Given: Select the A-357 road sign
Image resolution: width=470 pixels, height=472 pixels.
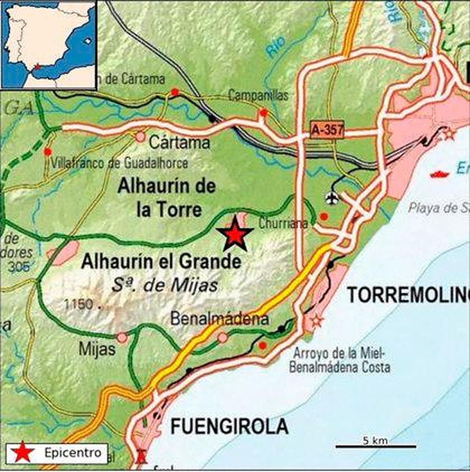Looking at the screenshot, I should (327, 130).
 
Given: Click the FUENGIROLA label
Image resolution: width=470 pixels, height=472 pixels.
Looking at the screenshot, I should (230, 426).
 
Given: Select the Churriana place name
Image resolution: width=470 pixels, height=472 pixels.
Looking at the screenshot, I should (283, 224).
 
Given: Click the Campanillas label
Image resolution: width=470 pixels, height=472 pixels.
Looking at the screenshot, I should (258, 95).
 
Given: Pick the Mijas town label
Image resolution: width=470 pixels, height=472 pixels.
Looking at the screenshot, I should (97, 349).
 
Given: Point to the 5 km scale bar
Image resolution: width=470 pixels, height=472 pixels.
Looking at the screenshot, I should (376, 446).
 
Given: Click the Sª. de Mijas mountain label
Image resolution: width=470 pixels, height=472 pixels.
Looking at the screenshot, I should (164, 285).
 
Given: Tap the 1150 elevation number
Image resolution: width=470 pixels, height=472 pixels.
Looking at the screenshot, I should (80, 304).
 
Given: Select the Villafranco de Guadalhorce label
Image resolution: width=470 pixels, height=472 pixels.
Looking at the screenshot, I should (119, 163).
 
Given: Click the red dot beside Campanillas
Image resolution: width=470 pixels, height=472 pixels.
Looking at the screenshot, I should (264, 113).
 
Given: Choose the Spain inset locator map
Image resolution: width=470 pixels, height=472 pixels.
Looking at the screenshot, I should (49, 45).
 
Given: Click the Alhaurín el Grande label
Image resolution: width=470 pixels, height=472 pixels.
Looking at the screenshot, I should (161, 262).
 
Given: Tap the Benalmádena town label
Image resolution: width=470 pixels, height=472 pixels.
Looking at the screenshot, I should (219, 319).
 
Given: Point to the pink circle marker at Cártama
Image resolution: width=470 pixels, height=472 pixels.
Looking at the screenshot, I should (140, 137).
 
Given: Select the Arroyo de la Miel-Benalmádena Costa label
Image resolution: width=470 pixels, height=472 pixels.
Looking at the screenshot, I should (341, 360).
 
